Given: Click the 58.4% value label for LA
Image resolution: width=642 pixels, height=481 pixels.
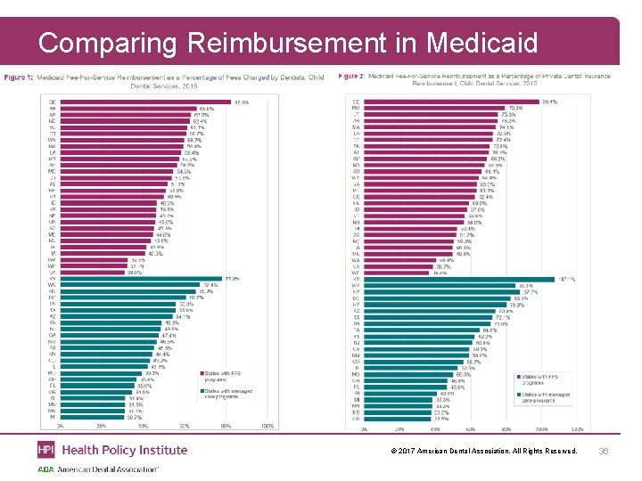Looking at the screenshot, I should pyautogui.click(x=192, y=152).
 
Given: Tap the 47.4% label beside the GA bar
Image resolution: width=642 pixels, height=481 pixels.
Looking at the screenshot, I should pyautogui.click(x=169, y=335).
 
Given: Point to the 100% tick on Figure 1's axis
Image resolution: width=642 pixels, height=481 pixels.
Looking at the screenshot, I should pyautogui.click(x=267, y=427).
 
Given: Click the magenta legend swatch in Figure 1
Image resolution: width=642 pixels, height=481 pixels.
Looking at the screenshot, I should pyautogui.click(x=200, y=373).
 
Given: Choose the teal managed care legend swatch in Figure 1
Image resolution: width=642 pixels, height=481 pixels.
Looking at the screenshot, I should pyautogui.click(x=200, y=389).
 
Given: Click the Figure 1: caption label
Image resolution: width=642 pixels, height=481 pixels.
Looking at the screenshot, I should pyautogui.click(x=19, y=77).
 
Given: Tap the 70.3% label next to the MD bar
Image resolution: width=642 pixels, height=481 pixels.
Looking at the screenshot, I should pyautogui.click(x=514, y=108).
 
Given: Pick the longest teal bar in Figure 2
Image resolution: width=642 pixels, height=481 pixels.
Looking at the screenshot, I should pyautogui.click(x=460, y=279).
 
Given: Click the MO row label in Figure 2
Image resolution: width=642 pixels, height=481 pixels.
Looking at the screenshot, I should pyautogui.click(x=356, y=374).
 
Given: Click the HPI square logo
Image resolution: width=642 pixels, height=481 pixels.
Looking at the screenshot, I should pyautogui.click(x=45, y=450).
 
